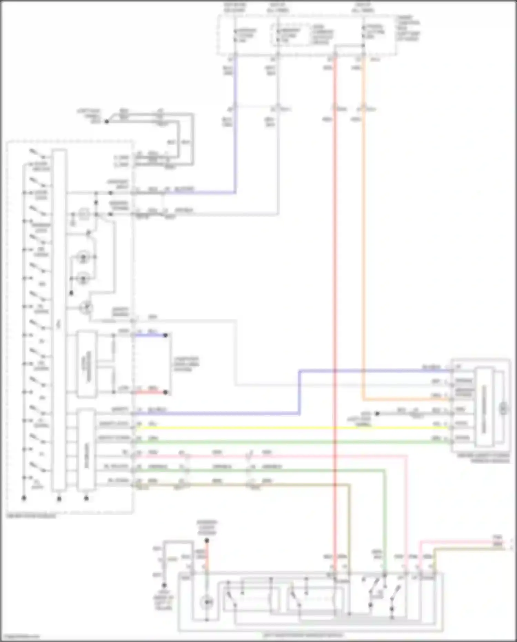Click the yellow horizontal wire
coord(276,428)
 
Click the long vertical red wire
coord(335,276)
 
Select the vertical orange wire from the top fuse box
coord(363,241)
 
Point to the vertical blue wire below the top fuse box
coord(235,138)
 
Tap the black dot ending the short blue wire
coord(165,335)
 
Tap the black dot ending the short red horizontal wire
coord(165,392)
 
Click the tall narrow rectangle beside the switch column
coord(59,319)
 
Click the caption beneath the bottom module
coord(303,635)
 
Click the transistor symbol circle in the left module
coord(86,307)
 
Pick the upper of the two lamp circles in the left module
coord(83,257)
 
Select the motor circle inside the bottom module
coord(207,602)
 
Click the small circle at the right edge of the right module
coord(504,409)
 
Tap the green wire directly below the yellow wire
coord(276,442)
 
